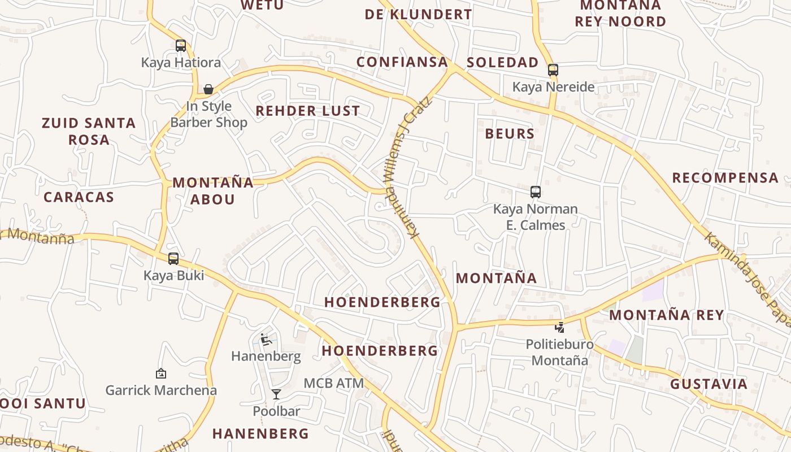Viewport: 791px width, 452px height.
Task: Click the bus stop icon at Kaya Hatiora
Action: point(181,46)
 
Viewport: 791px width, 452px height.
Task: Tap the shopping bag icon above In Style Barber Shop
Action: point(208,89)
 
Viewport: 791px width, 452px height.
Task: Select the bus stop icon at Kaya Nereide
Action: point(553,70)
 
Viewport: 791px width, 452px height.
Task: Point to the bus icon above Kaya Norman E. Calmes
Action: point(536,192)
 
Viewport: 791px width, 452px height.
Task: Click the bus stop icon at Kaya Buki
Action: point(173,259)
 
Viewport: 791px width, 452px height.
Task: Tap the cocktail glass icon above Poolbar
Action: point(276,394)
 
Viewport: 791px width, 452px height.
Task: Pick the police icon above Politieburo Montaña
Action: point(559,327)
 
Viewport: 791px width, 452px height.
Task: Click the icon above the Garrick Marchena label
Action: point(161,373)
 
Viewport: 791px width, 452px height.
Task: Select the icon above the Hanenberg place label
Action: point(266,340)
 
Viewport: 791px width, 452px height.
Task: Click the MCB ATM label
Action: point(334,383)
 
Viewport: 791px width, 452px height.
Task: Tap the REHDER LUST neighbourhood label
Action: point(308,111)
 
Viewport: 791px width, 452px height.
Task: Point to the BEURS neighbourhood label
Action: point(510,134)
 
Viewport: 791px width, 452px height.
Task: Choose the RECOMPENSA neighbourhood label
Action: point(725,178)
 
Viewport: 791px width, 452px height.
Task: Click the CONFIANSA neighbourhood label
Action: point(402,62)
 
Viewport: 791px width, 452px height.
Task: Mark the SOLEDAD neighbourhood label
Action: point(503,63)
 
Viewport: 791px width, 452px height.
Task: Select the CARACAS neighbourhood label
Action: point(79,197)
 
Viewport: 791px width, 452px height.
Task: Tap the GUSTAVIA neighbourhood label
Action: point(709,384)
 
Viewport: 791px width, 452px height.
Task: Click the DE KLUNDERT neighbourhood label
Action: point(418,15)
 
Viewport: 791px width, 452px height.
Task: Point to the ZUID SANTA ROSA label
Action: point(89,131)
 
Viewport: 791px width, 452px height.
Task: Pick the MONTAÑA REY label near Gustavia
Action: point(667,315)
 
